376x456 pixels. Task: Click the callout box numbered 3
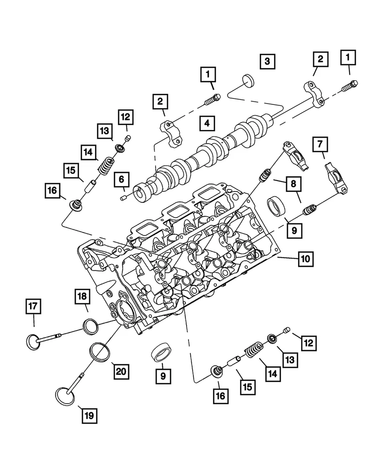[268, 61]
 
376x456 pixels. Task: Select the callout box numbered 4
[206, 123]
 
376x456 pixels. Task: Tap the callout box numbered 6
[122, 180]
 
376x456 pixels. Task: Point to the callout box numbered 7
[320, 145]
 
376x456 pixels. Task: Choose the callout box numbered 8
[293, 184]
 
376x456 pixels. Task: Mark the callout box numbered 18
[81, 296]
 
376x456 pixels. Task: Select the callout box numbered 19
[89, 415]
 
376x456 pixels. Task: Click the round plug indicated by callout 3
[248, 80]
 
